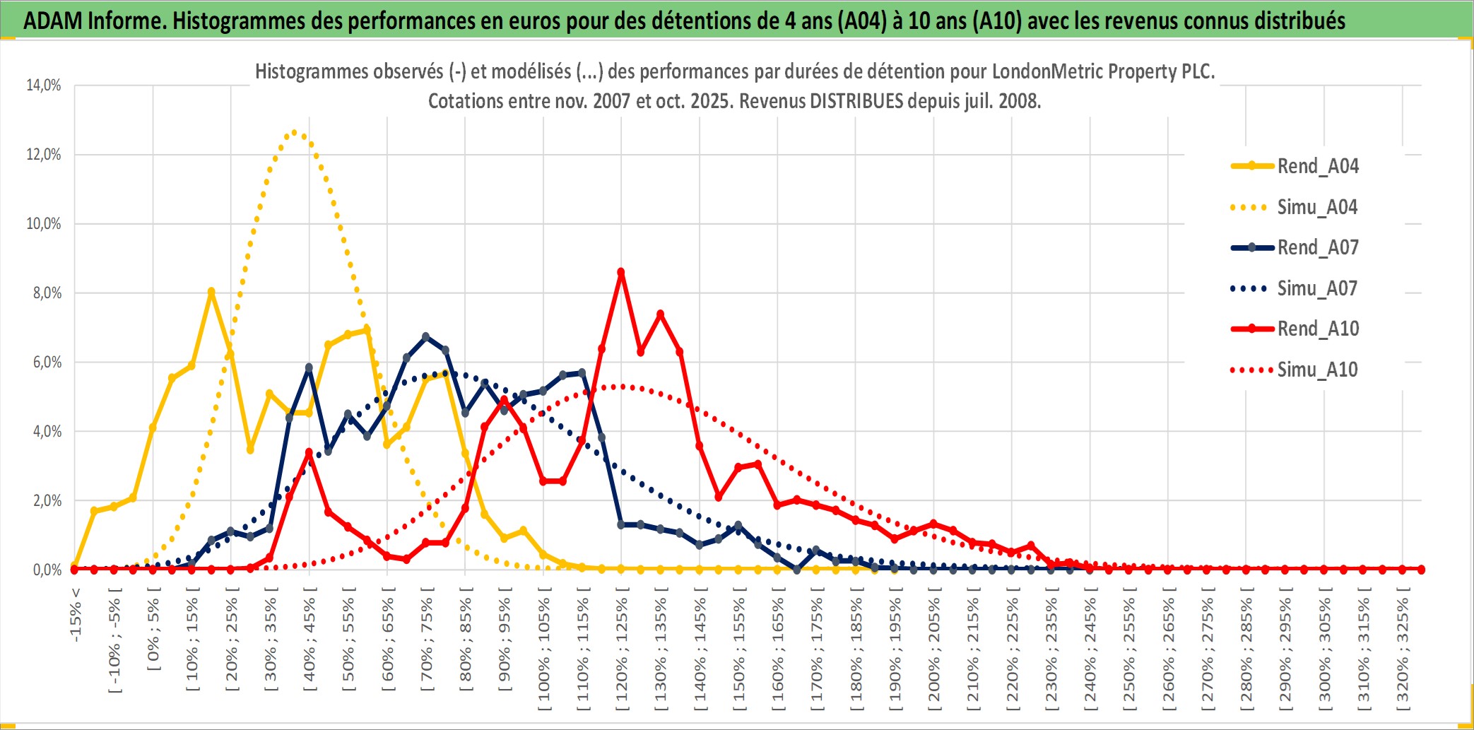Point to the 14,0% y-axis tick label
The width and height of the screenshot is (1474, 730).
[44, 86]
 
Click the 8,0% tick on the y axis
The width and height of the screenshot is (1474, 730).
[47, 293]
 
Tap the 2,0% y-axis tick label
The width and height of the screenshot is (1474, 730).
[47, 500]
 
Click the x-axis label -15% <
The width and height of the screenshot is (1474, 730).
[76, 615]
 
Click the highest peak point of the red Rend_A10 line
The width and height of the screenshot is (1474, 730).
[621, 272]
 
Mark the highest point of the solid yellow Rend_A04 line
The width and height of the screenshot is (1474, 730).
[211, 291]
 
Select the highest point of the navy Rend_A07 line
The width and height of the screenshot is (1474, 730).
[425, 337]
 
